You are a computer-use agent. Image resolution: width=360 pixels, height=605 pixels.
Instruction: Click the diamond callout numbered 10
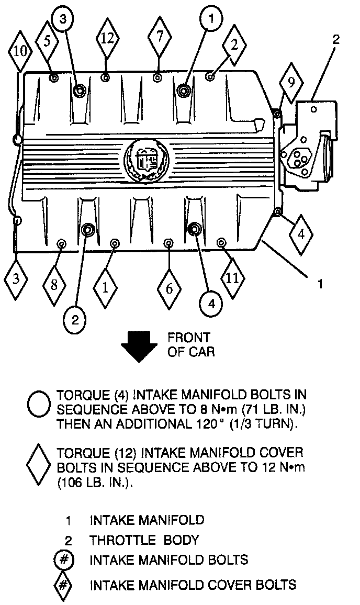tap(19, 51)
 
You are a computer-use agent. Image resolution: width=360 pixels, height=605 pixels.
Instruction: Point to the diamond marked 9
tap(290, 82)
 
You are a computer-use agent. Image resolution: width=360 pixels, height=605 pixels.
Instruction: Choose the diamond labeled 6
tap(169, 289)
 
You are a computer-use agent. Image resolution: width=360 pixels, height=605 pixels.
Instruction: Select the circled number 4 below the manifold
tap(211, 302)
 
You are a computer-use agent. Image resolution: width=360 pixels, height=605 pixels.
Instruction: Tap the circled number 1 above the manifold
tap(211, 20)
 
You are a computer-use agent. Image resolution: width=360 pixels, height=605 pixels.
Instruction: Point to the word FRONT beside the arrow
tap(189, 338)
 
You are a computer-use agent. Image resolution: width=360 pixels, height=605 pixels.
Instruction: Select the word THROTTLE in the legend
tap(121, 540)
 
